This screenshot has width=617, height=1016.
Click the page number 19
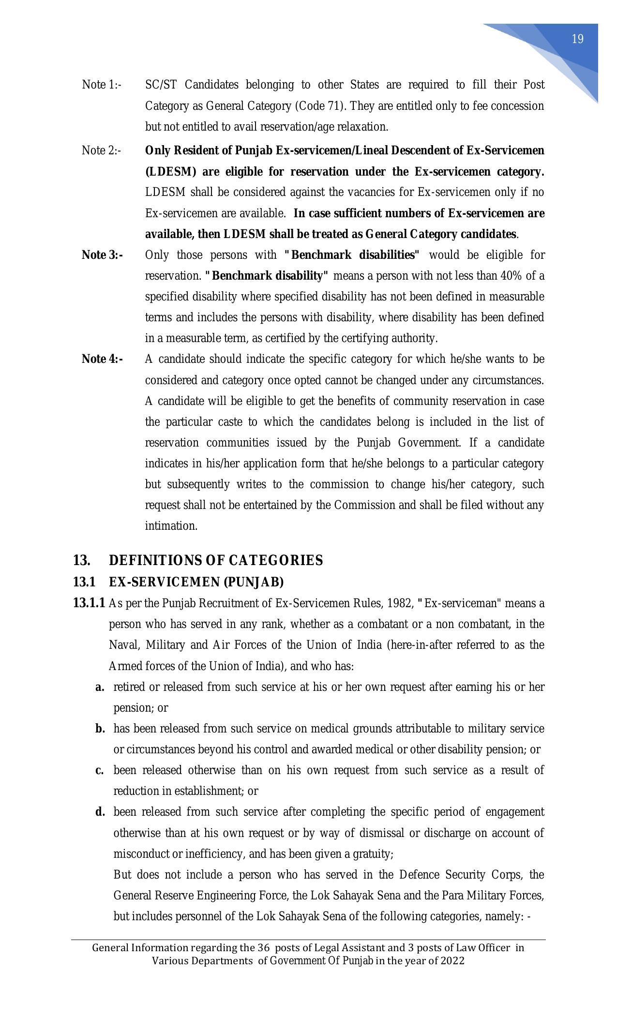[x=577, y=39]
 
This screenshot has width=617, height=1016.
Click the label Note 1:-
[x=102, y=85]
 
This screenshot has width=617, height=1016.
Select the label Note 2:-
[x=101, y=150]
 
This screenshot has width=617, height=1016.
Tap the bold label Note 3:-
[x=102, y=255]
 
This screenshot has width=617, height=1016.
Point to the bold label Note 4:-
[x=102, y=359]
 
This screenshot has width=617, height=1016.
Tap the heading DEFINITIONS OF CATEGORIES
[x=216, y=560]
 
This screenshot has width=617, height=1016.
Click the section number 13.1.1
[x=89, y=603]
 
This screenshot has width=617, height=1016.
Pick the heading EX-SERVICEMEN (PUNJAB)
[x=196, y=582]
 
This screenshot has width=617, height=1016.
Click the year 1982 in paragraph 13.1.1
[x=400, y=603]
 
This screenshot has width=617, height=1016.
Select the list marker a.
[x=100, y=687]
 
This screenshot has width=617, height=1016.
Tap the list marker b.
[x=100, y=729]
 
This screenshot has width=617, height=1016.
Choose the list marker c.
[x=100, y=770]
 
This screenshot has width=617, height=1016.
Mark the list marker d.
[x=100, y=812]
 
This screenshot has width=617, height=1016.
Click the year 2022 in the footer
[x=454, y=961]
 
